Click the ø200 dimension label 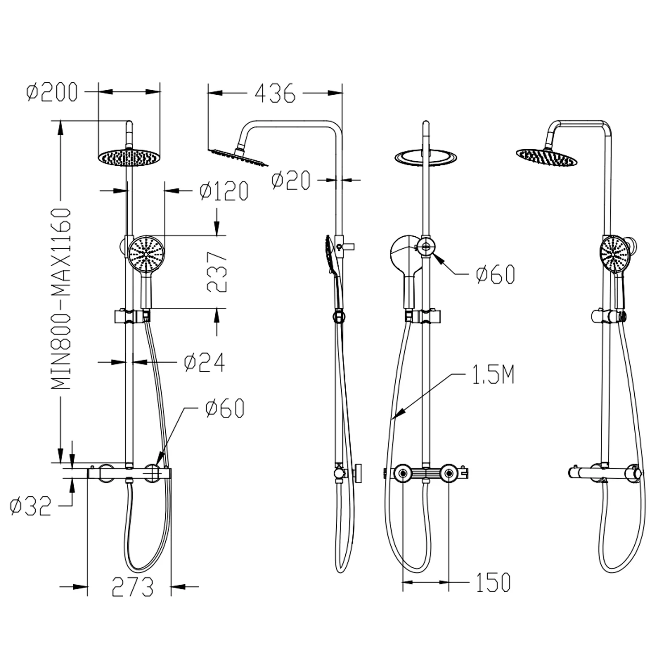pyautogui.click(x=52, y=92)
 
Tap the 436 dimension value pyautogui.click(x=275, y=93)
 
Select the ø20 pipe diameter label pyautogui.click(x=291, y=180)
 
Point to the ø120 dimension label pyautogui.click(x=224, y=191)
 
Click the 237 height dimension pyautogui.click(x=217, y=272)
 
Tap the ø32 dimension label pyautogui.click(x=30, y=506)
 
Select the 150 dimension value pyautogui.click(x=493, y=582)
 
